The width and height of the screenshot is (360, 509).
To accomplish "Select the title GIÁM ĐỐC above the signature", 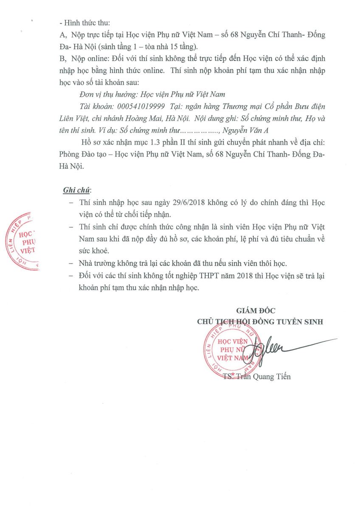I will tap(253, 311).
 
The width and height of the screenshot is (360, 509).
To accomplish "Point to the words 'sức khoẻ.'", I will tap(92, 251).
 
